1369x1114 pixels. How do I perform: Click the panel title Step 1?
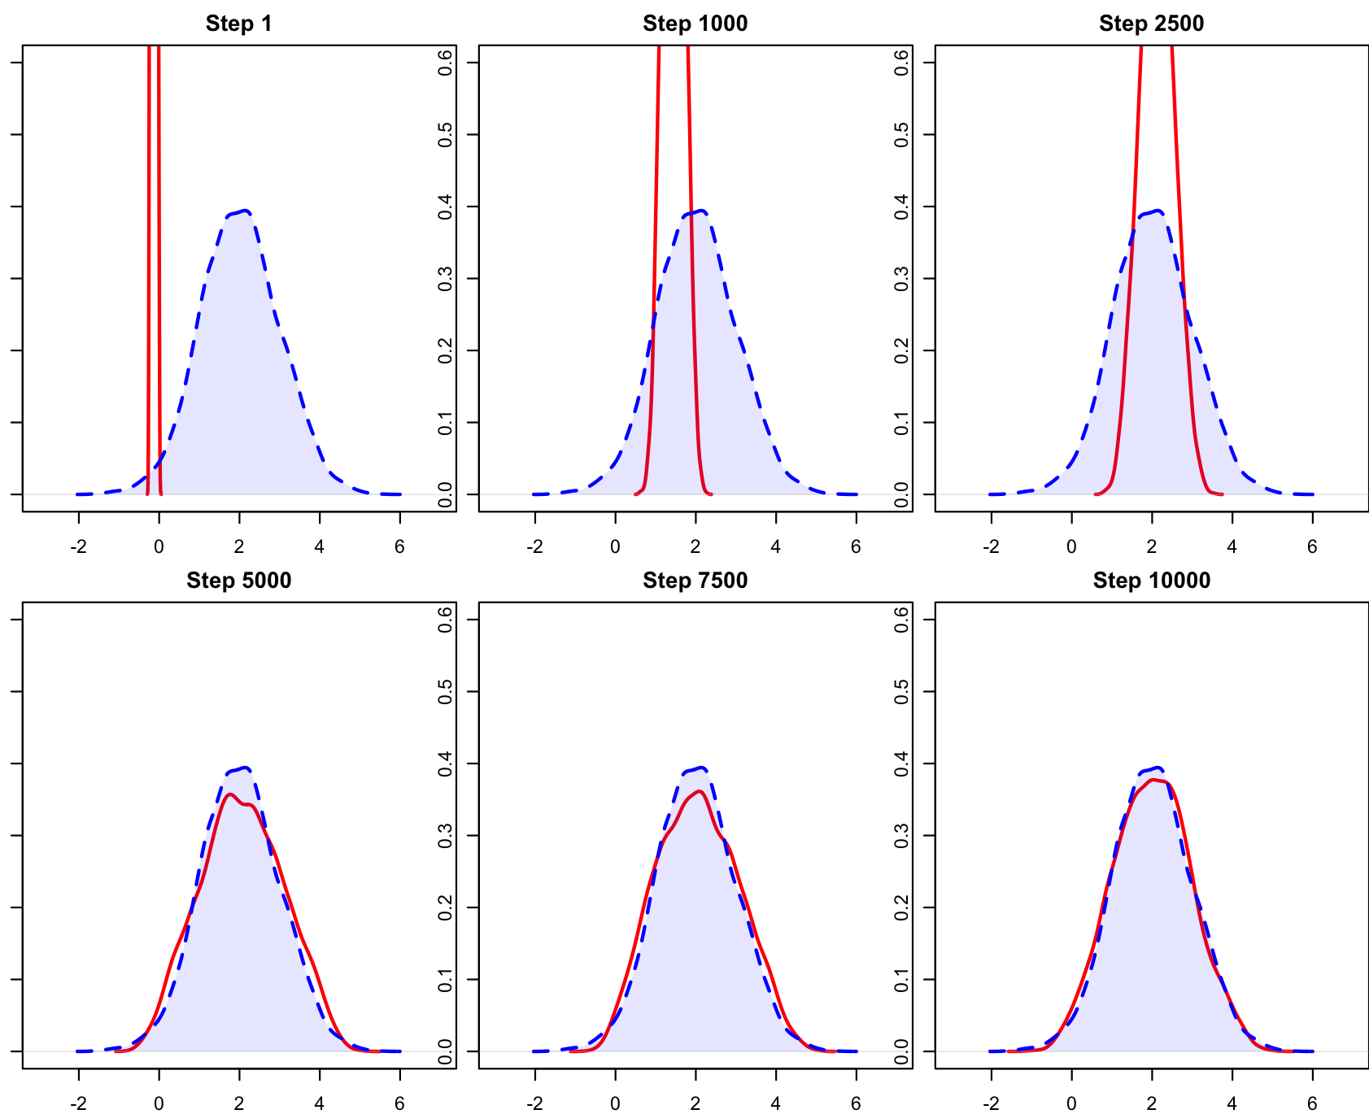(238, 24)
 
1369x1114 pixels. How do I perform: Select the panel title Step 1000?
(695, 24)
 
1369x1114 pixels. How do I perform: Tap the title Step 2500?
(1151, 24)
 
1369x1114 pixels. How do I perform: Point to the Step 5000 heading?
(238, 580)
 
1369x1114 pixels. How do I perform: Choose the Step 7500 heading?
(695, 580)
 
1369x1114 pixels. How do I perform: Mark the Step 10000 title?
(1151, 580)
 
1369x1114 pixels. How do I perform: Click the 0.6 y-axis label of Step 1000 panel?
(445, 63)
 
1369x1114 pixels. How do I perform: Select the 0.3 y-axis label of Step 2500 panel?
(901, 278)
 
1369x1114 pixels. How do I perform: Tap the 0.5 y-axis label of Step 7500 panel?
(445, 691)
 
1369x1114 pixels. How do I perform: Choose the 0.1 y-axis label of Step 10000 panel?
(901, 979)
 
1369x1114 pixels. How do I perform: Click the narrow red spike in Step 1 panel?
(154, 244)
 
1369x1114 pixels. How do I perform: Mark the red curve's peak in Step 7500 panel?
(699, 791)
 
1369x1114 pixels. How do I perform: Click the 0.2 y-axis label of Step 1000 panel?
(445, 350)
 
